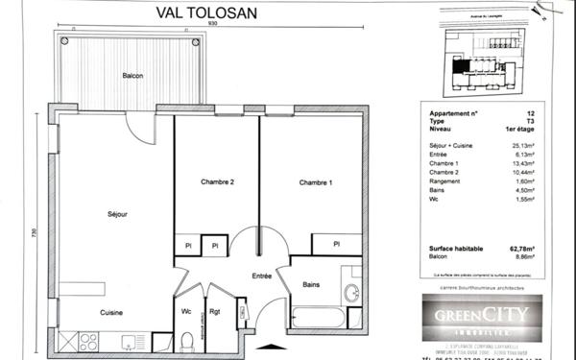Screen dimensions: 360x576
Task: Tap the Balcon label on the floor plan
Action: pos(133,76)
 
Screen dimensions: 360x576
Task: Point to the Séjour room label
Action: pos(116,214)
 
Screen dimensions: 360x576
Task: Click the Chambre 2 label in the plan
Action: pos(218,182)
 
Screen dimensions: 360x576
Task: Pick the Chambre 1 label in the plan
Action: pos(316,182)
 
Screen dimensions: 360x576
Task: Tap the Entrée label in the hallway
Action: pos(262,276)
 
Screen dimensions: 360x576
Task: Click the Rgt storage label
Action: pos(215,312)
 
